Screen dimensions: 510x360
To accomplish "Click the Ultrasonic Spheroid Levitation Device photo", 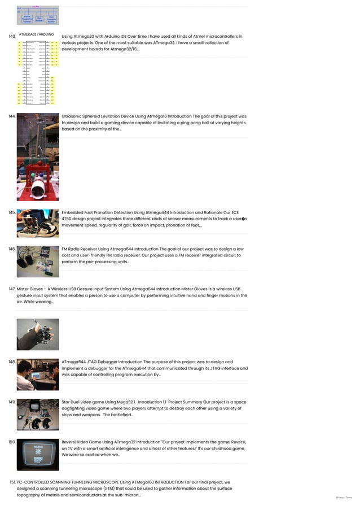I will pos(37,156).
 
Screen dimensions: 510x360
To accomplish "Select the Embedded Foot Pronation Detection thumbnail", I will pos(37,223).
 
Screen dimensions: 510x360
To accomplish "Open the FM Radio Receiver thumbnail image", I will pos(37,261).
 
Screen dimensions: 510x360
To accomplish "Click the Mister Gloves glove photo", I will pos(37,334).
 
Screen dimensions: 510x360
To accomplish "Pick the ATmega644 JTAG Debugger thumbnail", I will pos(37,374).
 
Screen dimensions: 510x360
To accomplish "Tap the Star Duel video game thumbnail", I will pos(37,415).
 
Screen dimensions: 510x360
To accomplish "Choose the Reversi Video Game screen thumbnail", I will pos(37,455).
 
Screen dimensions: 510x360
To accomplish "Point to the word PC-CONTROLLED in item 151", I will pos(35,482).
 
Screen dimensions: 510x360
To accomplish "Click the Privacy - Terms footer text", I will pos(344,498).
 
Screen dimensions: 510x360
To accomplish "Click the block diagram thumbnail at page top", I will pos(37,15).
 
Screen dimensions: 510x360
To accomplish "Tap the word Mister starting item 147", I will pos(23,289).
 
